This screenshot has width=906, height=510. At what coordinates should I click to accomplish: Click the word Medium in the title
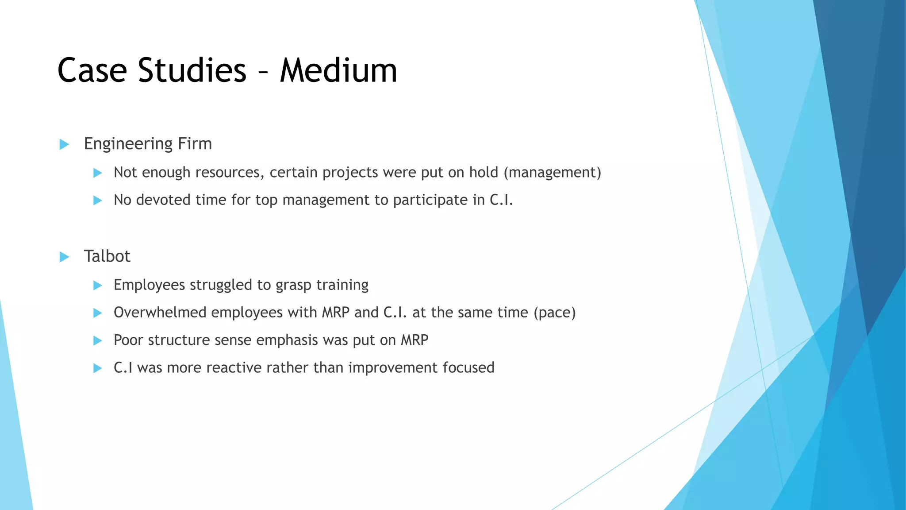click(338, 71)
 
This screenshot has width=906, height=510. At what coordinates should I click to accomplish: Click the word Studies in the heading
click(192, 71)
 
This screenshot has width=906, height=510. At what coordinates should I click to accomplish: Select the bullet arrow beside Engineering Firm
click(64, 144)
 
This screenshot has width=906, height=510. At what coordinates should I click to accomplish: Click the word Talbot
click(107, 256)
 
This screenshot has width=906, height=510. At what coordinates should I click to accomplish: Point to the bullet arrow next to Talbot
click(64, 257)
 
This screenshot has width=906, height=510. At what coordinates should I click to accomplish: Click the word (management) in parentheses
click(553, 172)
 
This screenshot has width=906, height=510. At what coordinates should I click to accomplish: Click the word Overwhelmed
click(160, 313)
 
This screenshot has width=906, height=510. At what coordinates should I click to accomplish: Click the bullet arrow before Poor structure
click(98, 340)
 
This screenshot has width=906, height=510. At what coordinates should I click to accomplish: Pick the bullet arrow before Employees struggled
click(98, 286)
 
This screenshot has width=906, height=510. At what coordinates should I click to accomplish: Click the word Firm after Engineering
click(195, 144)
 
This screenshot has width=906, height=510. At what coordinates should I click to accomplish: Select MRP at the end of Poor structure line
click(415, 340)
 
